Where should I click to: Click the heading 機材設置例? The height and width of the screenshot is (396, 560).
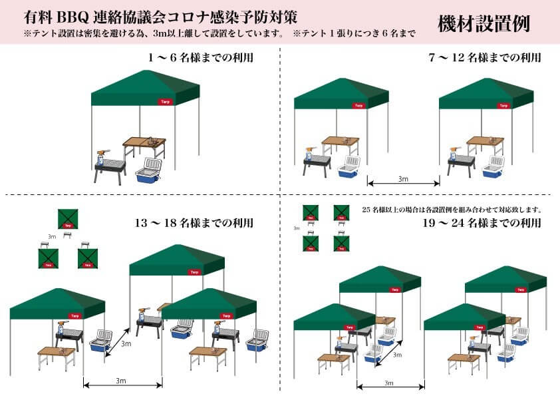tap(484, 23)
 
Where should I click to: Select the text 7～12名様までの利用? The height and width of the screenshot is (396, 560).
tap(485, 59)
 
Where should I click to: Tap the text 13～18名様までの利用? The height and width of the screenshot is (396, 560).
tap(194, 224)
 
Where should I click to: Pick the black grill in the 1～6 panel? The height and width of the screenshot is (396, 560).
tap(110, 166)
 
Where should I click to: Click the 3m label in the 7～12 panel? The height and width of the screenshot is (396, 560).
tap(404, 180)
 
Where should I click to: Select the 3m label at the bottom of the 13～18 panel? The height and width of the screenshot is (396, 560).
tap(122, 380)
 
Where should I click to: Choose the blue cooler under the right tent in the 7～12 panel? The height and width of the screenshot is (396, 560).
tap(493, 169)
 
